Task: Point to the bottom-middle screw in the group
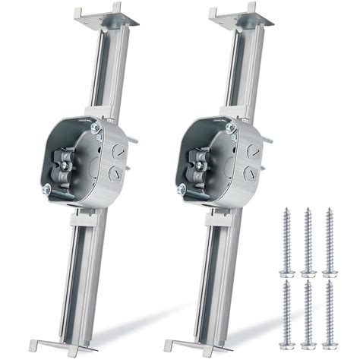pyautogui.click(x=308, y=311)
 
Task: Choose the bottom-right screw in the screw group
pyautogui.click(x=330, y=311)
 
